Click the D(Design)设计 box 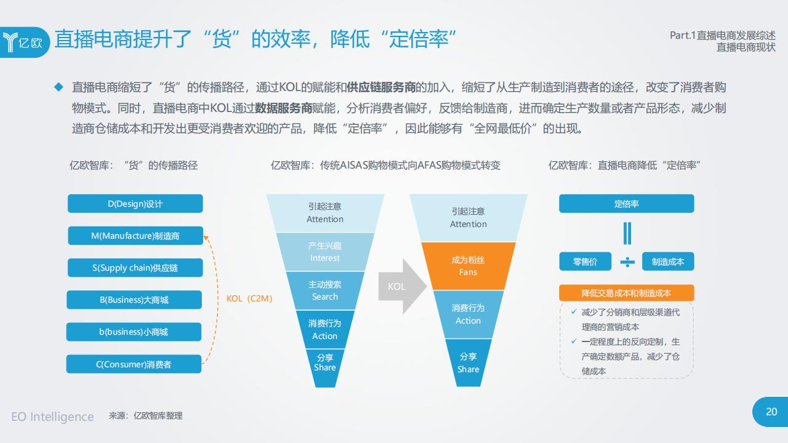135,204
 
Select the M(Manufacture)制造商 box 135,236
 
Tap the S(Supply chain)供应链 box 135,268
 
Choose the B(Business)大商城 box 134,300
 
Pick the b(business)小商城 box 134,332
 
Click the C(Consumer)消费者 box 134,364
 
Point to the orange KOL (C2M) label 249,298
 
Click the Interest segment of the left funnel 324,252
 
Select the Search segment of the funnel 324,290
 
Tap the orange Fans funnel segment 468,266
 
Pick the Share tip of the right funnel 468,363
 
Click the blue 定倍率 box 627,204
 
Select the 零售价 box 585,261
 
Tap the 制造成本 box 668,261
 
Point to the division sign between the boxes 627,262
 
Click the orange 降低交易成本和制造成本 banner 627,293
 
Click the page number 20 771,412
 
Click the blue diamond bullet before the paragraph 58,87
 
